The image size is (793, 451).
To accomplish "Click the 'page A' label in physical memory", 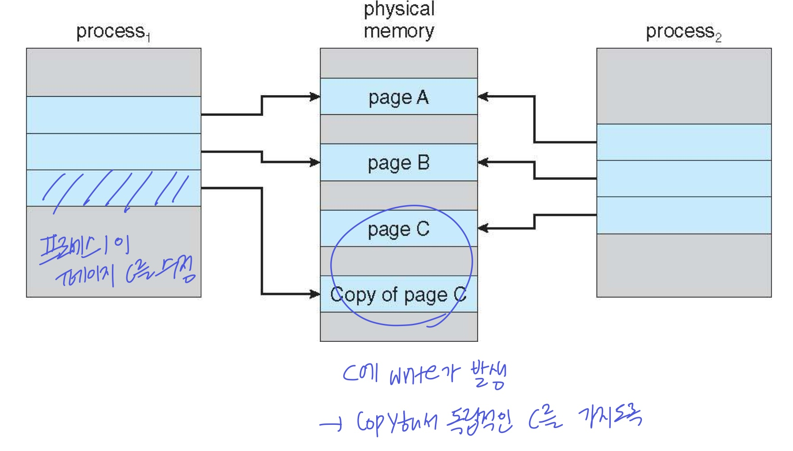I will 398,98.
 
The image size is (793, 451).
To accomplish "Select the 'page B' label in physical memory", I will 398,163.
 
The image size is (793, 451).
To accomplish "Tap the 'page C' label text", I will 398,230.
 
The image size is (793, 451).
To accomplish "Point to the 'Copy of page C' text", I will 398,295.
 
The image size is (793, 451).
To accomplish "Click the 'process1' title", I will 113,32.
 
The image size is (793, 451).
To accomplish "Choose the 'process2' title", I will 683,32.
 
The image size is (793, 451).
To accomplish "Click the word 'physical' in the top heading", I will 399,9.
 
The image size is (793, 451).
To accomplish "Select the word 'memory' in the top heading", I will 399,31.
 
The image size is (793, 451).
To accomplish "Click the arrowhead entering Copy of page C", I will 315,294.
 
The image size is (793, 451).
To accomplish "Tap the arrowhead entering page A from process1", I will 315,97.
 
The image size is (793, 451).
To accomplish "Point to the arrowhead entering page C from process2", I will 483,228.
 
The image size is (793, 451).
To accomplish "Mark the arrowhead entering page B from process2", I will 483,162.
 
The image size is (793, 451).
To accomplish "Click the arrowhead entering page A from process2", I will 483,97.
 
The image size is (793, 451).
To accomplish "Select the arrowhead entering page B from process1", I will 315,162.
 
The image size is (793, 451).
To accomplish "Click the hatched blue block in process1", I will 114,188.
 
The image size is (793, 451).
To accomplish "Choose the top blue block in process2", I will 684,142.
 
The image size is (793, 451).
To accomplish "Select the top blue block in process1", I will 114,115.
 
